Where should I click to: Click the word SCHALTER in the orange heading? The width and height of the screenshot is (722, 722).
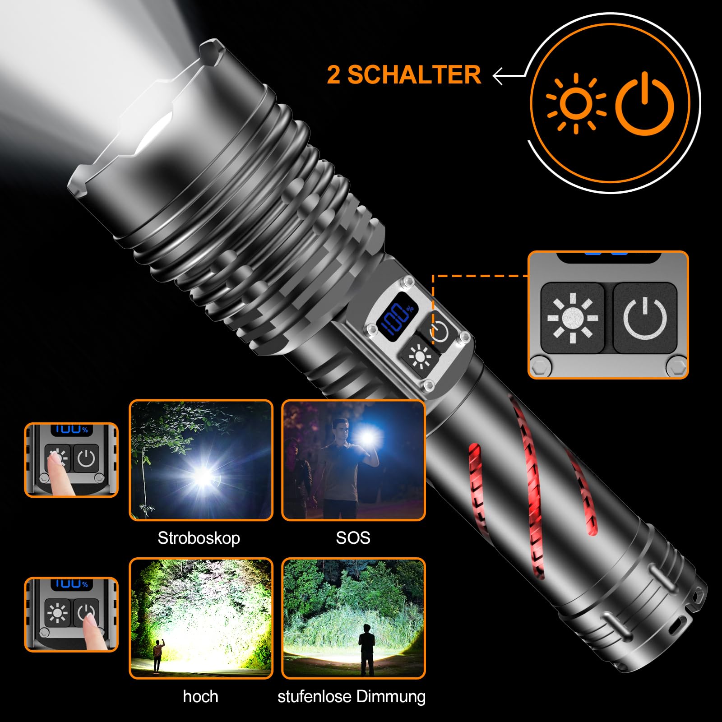click(414, 74)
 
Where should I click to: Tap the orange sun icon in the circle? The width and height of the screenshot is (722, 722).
click(576, 104)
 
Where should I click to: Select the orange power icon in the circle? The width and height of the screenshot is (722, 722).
click(645, 103)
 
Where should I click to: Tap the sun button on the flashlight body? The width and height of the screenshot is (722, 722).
click(420, 356)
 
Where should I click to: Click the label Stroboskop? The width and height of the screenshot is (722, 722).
click(199, 538)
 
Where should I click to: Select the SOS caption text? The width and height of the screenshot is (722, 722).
click(353, 537)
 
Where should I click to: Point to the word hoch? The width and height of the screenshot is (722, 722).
click(201, 696)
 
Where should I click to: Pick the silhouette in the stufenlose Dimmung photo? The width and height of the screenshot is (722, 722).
click(367, 653)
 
